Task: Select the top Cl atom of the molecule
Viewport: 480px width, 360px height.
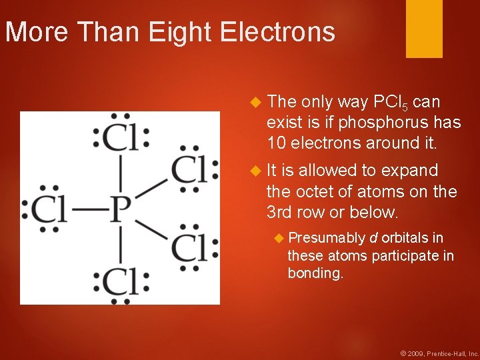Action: click(121, 137)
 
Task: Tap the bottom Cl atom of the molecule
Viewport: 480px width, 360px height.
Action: click(121, 283)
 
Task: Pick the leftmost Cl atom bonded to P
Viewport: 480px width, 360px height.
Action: click(50, 211)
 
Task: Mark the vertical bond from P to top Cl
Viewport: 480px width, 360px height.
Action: click(120, 175)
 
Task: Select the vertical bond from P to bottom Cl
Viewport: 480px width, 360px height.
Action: click(120, 246)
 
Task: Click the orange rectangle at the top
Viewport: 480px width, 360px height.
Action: click(424, 28)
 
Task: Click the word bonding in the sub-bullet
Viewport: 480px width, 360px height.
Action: click(315, 273)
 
